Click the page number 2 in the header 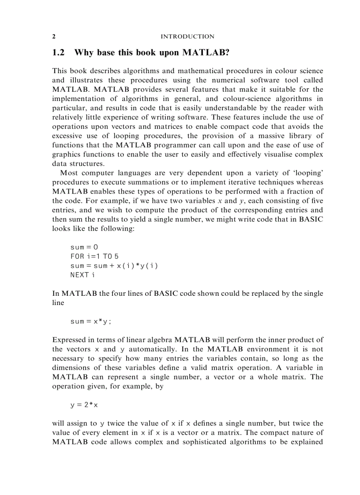tap(54, 37)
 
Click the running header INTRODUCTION tap(187, 37)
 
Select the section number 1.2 tap(59, 52)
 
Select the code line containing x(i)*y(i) tap(114, 266)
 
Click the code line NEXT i tap(82, 275)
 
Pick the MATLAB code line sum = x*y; tap(91, 321)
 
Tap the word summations tap(138, 182)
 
